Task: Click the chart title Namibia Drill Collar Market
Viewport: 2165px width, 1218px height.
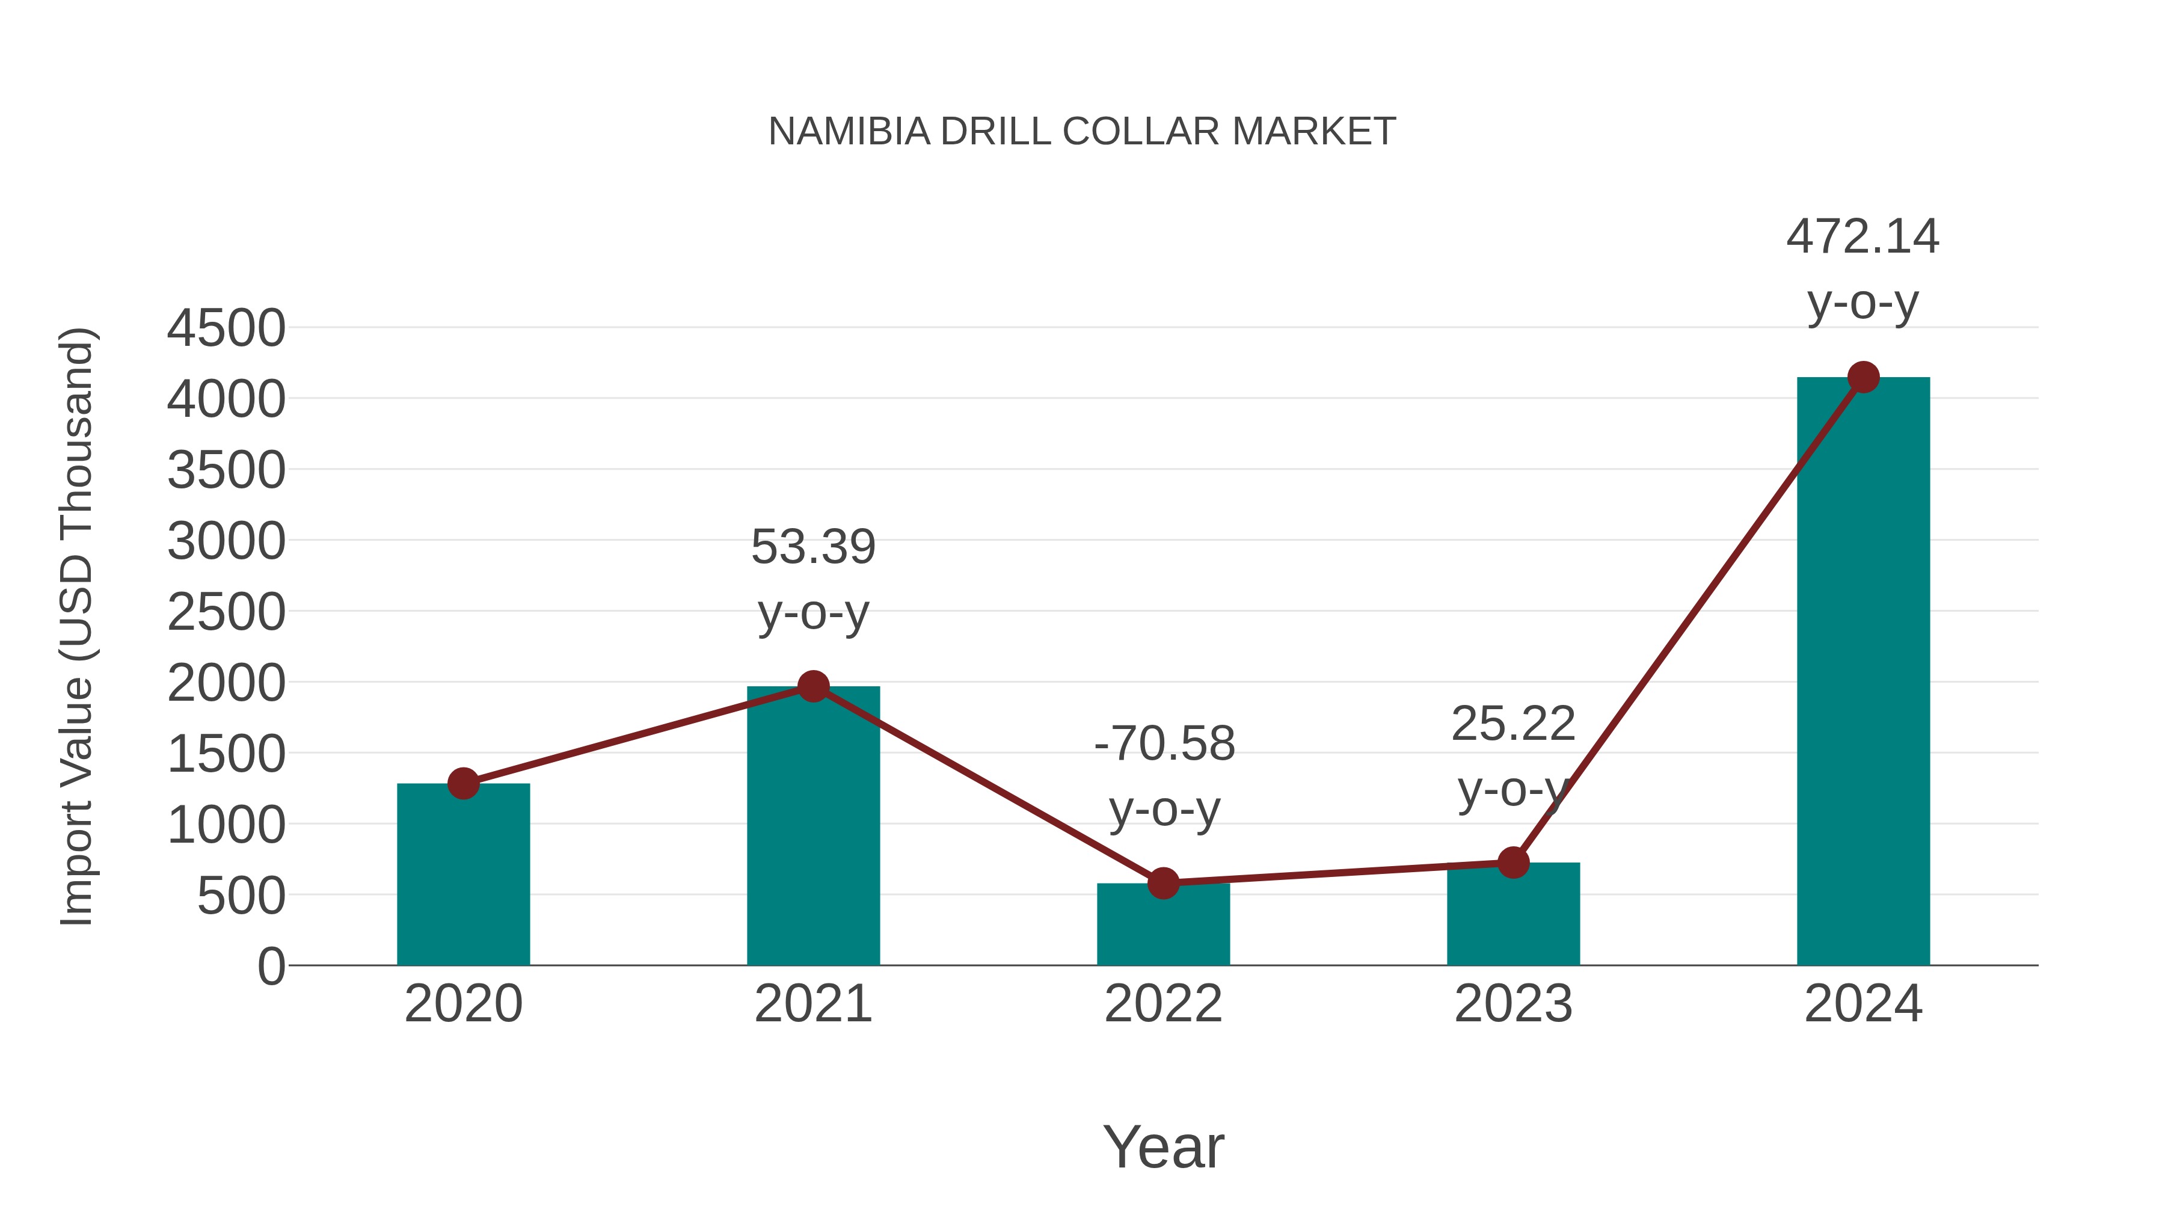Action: click(x=1082, y=132)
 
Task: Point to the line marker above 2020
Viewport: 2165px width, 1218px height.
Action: click(x=463, y=783)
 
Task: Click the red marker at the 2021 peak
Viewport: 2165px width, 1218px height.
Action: click(x=812, y=687)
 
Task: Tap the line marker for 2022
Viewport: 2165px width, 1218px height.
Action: click(x=1163, y=884)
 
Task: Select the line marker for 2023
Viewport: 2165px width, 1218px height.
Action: click(x=1513, y=863)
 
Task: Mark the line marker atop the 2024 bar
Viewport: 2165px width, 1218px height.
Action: click(x=1863, y=377)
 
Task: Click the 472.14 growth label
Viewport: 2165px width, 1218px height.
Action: click(x=1863, y=237)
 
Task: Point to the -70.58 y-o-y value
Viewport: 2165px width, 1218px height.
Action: click(x=1164, y=745)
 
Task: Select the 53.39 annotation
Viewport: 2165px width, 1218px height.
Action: click(x=812, y=547)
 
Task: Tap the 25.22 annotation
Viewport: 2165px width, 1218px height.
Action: click(x=1513, y=725)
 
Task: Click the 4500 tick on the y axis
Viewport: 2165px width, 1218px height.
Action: click(x=226, y=328)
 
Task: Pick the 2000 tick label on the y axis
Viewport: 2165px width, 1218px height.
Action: click(x=226, y=683)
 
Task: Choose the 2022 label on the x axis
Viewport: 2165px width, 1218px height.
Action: click(x=1163, y=1004)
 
